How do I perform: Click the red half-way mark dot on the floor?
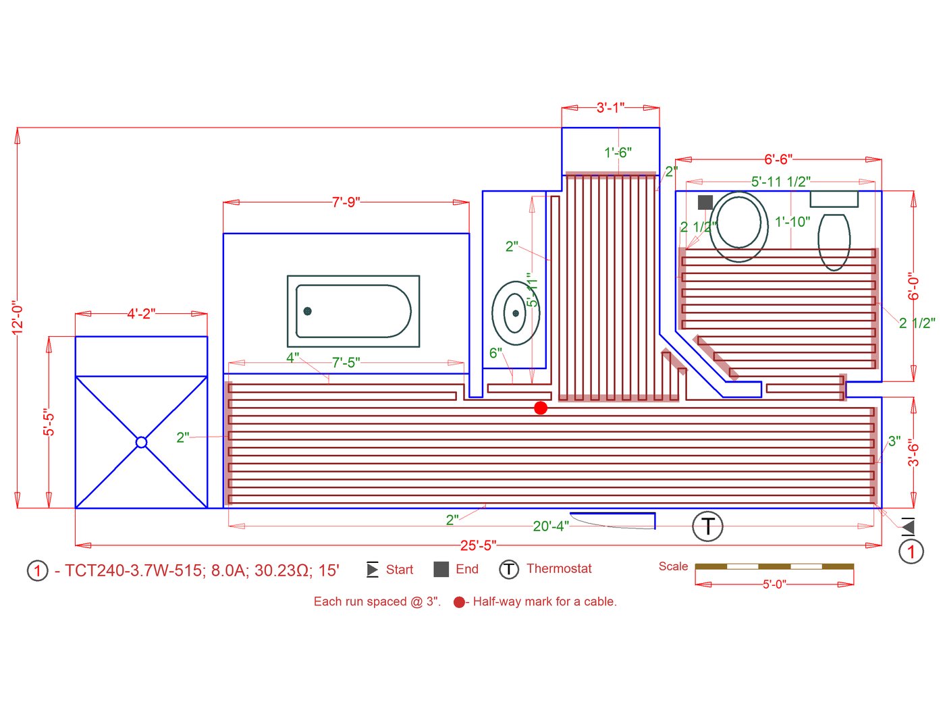541,408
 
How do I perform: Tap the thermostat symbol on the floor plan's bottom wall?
707,526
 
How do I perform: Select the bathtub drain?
307,311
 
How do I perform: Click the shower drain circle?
141,442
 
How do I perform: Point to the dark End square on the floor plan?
705,202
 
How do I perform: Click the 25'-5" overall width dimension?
478,545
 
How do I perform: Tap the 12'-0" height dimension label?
18,317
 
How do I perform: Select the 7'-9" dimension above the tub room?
346,202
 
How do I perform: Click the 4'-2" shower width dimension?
141,314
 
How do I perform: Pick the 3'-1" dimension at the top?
610,107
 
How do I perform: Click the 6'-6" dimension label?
778,159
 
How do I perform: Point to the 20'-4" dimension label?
551,526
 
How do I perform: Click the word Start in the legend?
400,570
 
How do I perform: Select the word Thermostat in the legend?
559,569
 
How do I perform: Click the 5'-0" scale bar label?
774,584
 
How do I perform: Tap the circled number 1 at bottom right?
911,551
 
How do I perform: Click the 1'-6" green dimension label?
618,153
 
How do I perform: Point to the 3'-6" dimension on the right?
913,452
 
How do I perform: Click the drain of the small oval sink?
516,313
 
